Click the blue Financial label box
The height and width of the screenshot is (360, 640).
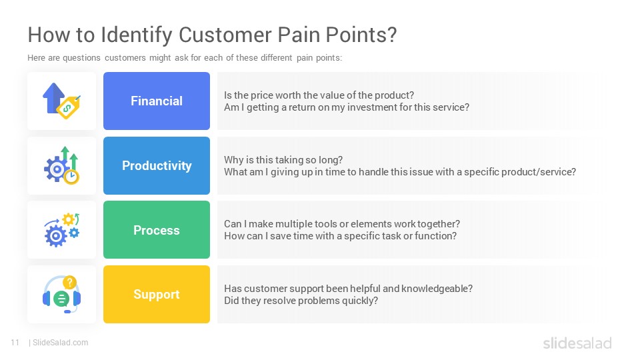click(156, 101)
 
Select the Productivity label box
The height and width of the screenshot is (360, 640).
click(156, 165)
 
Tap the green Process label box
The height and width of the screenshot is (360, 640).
click(156, 230)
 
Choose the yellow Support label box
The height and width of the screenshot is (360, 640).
click(156, 294)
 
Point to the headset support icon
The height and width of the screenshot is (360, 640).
click(61, 295)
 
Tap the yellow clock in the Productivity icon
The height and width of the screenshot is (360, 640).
click(71, 177)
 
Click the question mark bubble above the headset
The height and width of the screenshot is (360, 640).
click(70, 282)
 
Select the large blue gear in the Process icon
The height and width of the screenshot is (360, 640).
click(55, 235)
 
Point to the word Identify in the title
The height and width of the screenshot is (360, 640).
click(137, 35)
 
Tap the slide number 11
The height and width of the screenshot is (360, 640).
click(15, 343)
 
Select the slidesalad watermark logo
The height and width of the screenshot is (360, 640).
click(577, 343)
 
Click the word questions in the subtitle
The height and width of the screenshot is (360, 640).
click(81, 58)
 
